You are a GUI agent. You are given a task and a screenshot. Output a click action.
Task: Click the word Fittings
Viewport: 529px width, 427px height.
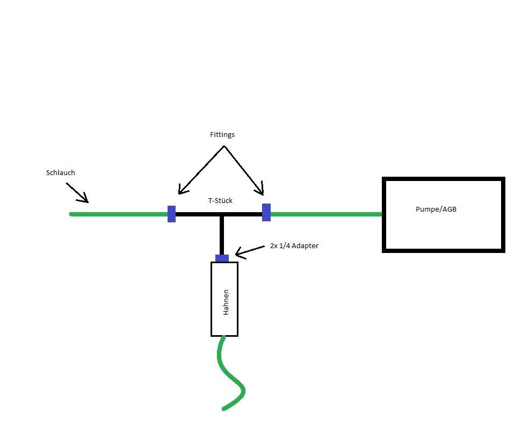pos(222,135)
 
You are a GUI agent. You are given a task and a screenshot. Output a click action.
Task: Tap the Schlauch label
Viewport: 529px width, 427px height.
pos(60,173)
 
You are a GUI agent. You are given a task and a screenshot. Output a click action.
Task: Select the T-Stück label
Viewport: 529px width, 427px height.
pos(220,200)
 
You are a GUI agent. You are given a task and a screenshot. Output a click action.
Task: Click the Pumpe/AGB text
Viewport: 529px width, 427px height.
pos(436,209)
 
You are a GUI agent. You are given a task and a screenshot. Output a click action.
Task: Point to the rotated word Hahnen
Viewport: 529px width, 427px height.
pos(226,302)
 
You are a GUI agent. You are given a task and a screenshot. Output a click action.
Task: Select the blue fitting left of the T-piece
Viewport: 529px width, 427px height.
pos(171,214)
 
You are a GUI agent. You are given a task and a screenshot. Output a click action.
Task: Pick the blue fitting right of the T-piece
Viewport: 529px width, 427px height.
pos(266,212)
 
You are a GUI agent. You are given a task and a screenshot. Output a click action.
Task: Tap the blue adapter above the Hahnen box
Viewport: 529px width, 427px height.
pos(222,258)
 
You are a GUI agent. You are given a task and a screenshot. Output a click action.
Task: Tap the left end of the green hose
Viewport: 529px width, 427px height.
pos(71,214)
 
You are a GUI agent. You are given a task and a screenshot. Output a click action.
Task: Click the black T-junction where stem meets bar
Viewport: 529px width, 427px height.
pos(221,214)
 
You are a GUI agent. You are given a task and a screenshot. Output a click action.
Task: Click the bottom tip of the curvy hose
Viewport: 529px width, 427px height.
pos(224,409)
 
